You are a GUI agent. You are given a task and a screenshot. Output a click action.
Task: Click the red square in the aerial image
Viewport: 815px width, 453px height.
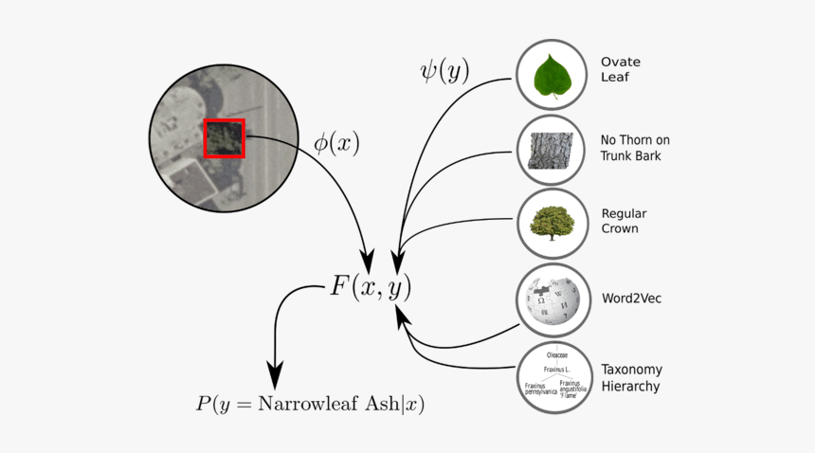[x=225, y=138]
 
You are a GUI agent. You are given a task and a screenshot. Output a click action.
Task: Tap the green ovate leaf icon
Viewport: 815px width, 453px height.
[x=552, y=76]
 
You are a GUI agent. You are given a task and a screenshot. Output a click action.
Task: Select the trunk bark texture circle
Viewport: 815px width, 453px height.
[x=552, y=150]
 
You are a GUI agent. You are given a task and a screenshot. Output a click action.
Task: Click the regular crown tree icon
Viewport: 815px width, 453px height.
[x=552, y=224]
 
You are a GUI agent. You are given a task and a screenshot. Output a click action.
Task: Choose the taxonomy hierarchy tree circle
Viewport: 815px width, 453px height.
[x=554, y=376]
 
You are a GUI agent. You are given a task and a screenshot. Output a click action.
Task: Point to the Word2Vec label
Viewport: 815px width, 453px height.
[x=630, y=299]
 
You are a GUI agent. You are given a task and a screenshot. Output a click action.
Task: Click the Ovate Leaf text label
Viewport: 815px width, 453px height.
[x=621, y=70]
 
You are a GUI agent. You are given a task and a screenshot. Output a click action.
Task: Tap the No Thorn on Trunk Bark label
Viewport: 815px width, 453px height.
[x=635, y=148]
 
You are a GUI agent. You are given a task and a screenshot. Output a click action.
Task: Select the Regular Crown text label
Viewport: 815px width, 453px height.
[x=625, y=221]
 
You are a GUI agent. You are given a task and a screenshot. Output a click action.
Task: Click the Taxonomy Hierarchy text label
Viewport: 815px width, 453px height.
[x=631, y=377]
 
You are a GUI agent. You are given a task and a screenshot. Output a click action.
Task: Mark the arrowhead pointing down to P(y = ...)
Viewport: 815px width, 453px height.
[x=275, y=371]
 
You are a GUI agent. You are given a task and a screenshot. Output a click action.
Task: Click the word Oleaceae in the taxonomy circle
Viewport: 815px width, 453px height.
[x=557, y=354]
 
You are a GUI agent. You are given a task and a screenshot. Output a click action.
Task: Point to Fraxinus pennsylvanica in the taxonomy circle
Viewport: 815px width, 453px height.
[x=536, y=389]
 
